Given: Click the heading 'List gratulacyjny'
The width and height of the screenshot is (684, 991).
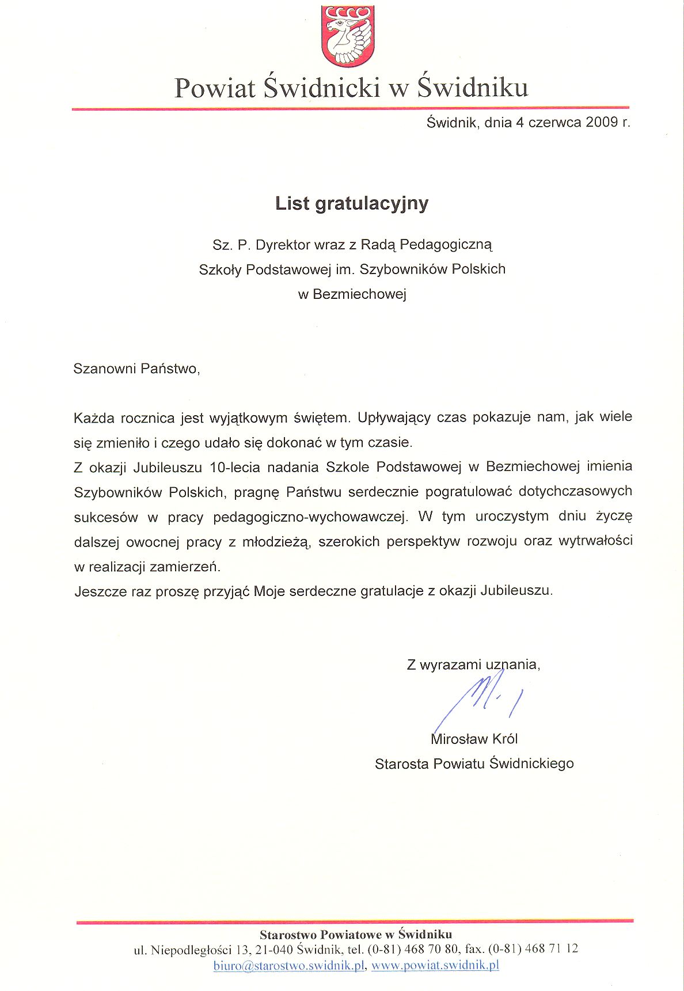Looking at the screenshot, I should (352, 203).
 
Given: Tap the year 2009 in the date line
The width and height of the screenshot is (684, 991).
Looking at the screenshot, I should (601, 122).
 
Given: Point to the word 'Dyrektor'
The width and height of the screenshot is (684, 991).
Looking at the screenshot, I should (283, 245).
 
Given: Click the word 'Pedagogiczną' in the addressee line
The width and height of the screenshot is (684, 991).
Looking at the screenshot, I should (446, 245).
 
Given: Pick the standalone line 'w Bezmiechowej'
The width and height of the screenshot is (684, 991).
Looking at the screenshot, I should (352, 294).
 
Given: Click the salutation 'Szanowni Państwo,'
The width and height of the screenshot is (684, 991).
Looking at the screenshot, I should (136, 369).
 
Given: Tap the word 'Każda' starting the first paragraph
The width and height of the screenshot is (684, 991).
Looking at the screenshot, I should (94, 417).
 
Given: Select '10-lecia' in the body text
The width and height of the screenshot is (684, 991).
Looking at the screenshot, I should (235, 466).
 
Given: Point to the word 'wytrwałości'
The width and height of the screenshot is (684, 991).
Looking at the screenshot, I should (595, 541).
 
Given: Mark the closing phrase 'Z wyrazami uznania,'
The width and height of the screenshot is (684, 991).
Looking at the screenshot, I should (473, 665).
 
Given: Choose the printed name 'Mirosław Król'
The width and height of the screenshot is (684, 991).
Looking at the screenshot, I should (474, 739).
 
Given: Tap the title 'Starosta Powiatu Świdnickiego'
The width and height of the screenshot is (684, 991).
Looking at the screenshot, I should (474, 764).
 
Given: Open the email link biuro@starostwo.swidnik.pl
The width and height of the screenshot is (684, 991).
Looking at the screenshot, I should (289, 965).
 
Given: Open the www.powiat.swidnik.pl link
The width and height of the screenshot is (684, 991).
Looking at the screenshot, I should (435, 965).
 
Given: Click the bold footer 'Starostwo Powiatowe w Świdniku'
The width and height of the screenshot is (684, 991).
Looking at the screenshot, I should (355, 934).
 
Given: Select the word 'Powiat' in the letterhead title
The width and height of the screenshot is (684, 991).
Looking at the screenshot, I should (215, 88).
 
